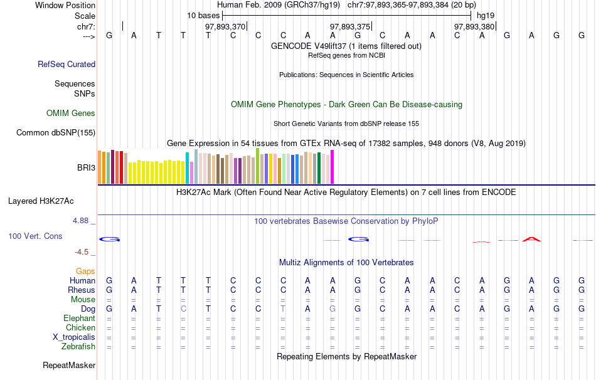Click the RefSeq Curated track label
pyautogui.click(x=67, y=64)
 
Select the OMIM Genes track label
pyautogui.click(x=71, y=113)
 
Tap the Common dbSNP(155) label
pyautogui.click(x=56, y=132)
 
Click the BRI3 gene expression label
pyautogui.click(x=86, y=168)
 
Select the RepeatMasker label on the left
pyautogui.click(x=69, y=365)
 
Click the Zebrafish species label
pyautogui.click(x=78, y=347)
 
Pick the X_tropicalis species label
pyautogui.click(x=74, y=337)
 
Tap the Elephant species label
pyautogui.click(x=80, y=319)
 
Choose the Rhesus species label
pyautogui.click(x=82, y=290)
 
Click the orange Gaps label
pyautogui.click(x=85, y=271)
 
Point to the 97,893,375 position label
pyautogui.click(x=350, y=27)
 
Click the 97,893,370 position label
pyautogui.click(x=225, y=27)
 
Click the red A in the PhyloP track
pyautogui.click(x=532, y=238)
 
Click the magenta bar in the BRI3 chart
pyautogui.click(x=333, y=167)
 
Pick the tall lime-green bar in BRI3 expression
pyautogui.click(x=258, y=166)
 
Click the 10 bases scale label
pyautogui.click(x=203, y=15)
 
